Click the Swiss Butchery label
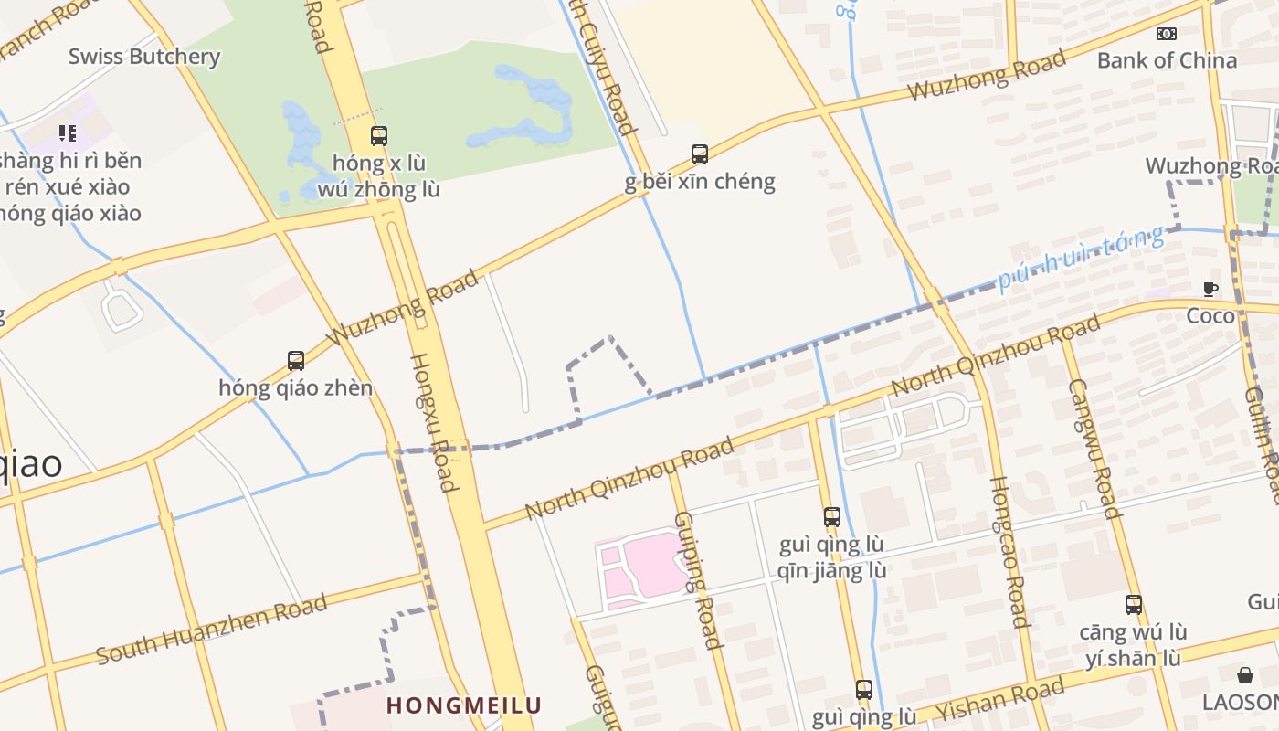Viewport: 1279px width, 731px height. [144, 57]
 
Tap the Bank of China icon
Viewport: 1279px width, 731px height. [1167, 34]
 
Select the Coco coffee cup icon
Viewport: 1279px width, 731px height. [1210, 290]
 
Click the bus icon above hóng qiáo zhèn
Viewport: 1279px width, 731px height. [295, 361]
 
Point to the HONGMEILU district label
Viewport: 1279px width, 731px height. [463, 705]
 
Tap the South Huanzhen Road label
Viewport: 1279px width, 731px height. [212, 630]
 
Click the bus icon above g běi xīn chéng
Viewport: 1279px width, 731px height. [700, 154]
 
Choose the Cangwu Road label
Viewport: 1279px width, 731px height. [1094, 448]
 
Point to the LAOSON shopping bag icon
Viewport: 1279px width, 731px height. [1244, 675]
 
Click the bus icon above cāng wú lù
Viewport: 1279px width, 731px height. [1134, 605]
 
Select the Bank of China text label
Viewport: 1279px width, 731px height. [1167, 60]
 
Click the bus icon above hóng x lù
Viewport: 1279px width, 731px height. [379, 136]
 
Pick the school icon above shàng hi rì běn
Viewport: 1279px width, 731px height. [67, 134]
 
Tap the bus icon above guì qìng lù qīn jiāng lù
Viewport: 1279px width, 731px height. [831, 517]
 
